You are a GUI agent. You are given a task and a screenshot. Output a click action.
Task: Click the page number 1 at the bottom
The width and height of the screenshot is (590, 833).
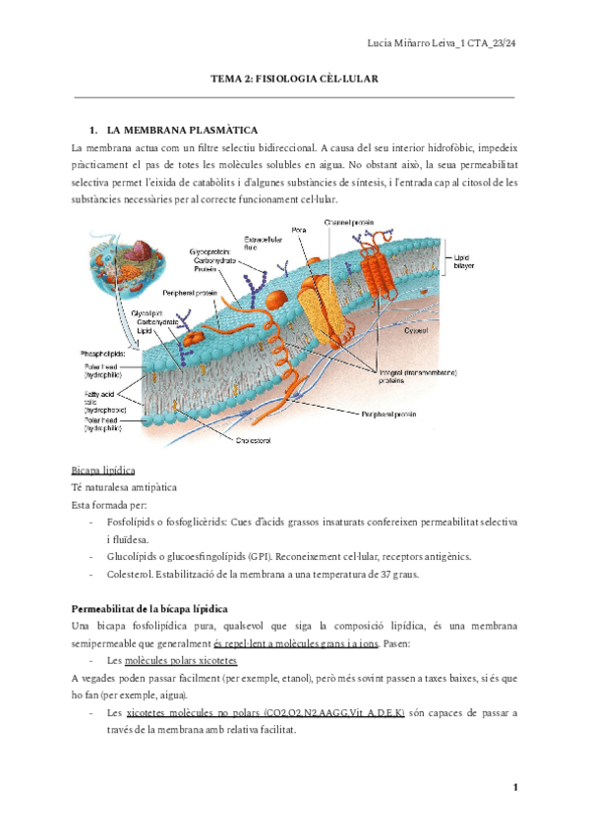(x=514, y=787)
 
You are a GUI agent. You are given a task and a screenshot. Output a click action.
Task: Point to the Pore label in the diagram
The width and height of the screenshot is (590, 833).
(x=300, y=230)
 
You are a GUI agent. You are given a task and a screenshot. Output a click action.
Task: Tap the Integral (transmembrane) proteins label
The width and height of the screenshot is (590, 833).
(x=402, y=376)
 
